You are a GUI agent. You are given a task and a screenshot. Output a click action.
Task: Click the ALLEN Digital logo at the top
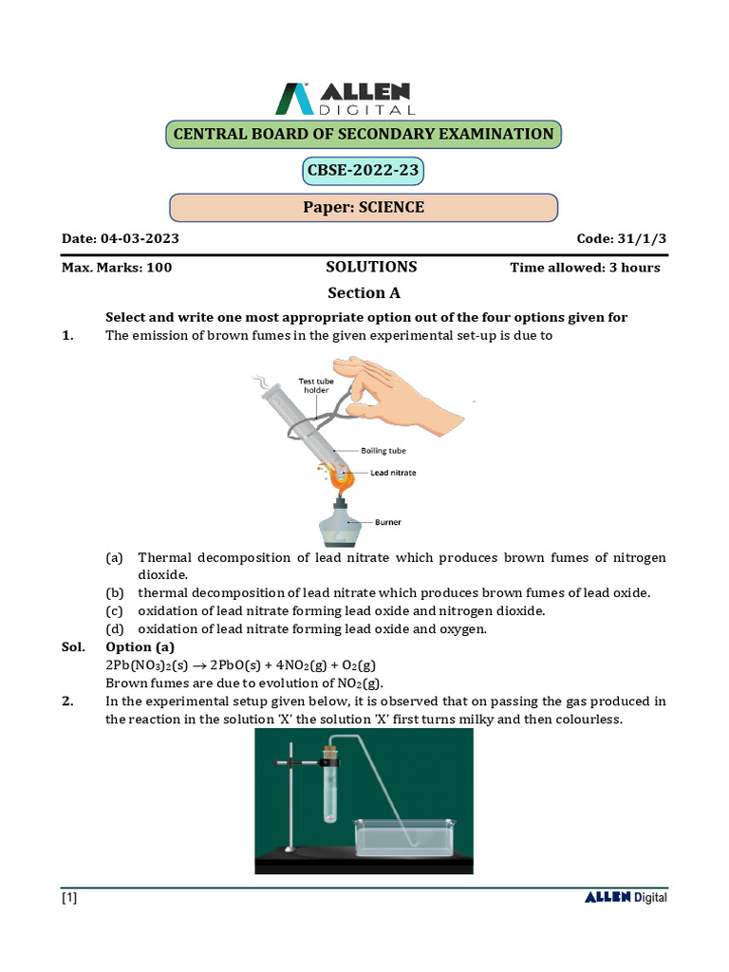coord(343,98)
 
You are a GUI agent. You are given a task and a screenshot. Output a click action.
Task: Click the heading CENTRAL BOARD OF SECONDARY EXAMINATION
coord(364,134)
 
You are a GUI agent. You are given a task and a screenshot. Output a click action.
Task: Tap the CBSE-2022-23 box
coord(363,172)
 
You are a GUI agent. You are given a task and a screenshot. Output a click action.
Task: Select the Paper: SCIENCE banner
coord(364,207)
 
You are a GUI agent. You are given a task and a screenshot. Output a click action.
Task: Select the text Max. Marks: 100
coord(117,268)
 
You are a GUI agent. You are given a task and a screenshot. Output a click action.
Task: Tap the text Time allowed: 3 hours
coord(585,268)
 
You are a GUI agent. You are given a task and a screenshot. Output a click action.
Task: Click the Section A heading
coord(357,293)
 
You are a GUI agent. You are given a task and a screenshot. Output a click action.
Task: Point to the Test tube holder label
coord(315,383)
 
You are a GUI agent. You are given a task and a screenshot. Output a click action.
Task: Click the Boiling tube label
coord(383,451)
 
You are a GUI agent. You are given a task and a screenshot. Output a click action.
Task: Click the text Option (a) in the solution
coord(141,646)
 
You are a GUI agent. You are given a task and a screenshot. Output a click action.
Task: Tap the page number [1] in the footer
coord(69,898)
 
